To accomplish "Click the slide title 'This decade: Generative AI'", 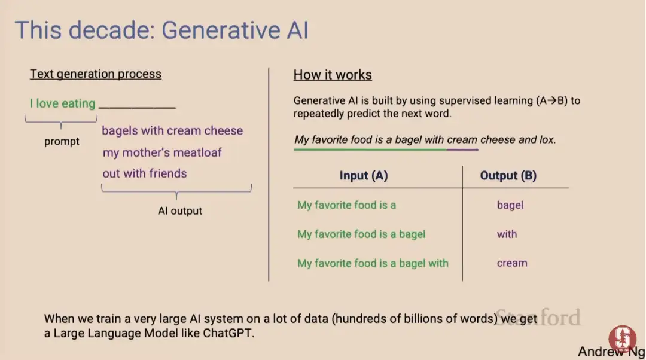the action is pos(161,30).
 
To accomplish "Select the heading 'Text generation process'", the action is pos(96,74).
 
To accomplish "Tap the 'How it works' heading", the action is pos(333,75).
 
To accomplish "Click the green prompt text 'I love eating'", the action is pos(62,103).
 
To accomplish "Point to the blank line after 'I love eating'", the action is pos(137,108).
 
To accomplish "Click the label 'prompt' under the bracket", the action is pos(62,141).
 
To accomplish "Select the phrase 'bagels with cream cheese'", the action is pos(172,130).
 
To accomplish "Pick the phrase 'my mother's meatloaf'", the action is pos(162,152).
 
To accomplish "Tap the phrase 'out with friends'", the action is pos(145,173).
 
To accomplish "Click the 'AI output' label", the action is pos(180,211).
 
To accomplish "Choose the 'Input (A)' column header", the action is pos(364,175).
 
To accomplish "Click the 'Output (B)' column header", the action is pos(508,175).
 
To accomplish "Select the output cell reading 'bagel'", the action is pos(510,205).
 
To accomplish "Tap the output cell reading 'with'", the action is pos(507,234).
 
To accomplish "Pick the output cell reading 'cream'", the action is pos(512,263).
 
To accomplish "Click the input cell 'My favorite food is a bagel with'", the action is pos(373,263).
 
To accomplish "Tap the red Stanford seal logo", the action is pos(623,340).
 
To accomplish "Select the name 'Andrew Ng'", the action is pos(611,352).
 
